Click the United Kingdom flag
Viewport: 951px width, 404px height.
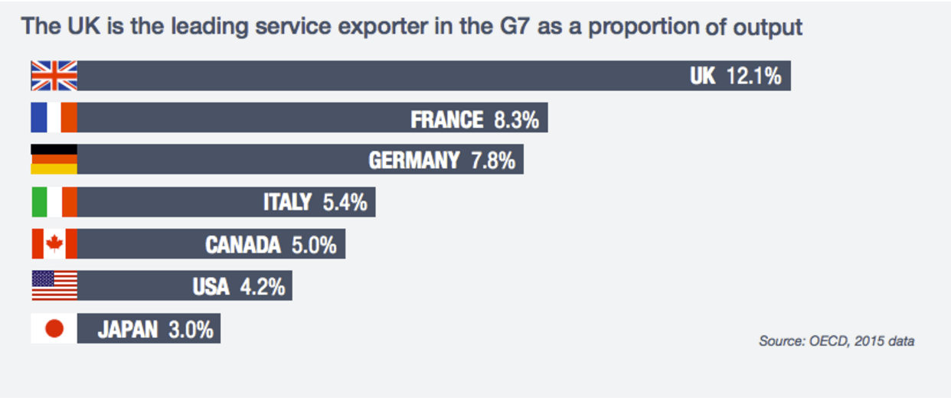point(54,77)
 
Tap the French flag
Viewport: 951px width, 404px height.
point(54,118)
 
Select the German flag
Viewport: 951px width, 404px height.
point(54,159)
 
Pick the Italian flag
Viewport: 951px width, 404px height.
point(54,202)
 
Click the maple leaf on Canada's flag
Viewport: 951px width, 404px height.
point(54,244)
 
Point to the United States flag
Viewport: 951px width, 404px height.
point(54,285)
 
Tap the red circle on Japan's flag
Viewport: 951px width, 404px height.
point(54,329)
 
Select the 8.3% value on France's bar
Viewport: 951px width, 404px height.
point(515,119)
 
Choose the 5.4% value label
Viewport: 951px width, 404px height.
point(344,202)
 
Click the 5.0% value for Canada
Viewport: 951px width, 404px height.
point(314,245)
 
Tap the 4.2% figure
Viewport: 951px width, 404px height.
point(262,287)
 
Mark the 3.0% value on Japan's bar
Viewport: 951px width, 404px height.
point(190,330)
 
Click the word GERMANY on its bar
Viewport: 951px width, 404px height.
point(414,161)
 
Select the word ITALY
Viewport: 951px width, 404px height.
point(287,202)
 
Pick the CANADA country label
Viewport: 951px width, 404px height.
point(243,245)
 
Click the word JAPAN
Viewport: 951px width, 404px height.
point(127,330)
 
